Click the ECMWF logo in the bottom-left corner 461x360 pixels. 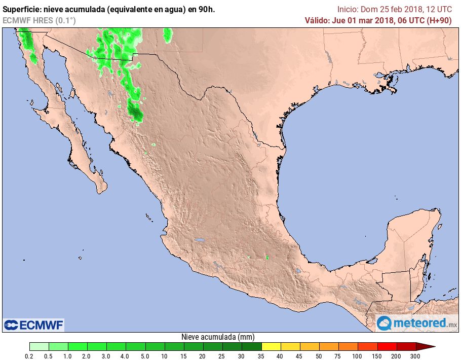pos(34,325)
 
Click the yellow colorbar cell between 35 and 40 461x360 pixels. pos(272,346)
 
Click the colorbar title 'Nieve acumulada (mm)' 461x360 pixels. pos(218,337)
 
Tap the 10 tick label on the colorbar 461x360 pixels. pos(165,356)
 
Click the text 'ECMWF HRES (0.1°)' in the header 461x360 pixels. pos(39,20)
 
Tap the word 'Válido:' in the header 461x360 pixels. pos(317,20)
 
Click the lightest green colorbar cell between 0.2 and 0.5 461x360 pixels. pos(39,346)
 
